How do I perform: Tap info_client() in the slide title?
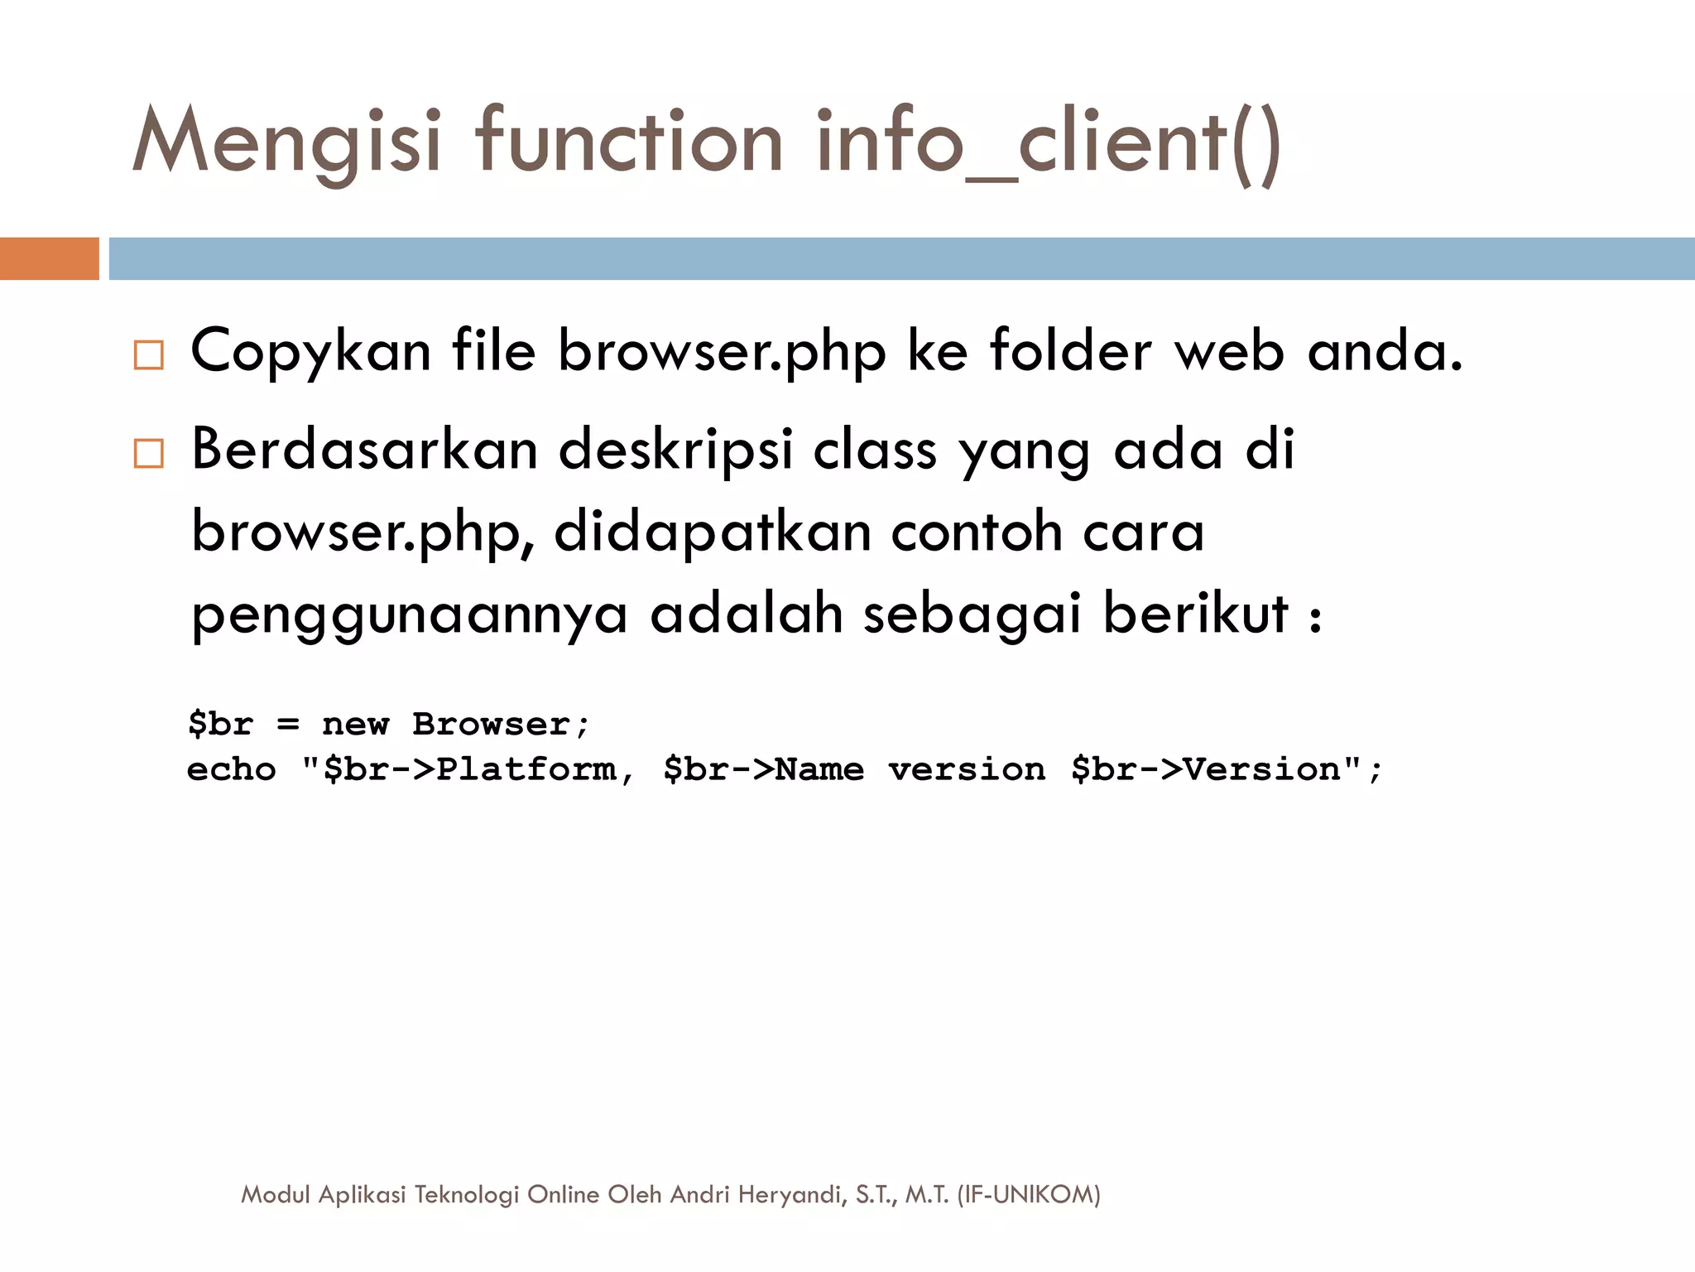(1049, 142)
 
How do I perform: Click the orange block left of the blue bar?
(49, 258)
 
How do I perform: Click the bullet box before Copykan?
(149, 355)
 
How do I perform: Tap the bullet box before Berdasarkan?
(149, 454)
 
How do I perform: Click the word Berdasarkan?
(364, 450)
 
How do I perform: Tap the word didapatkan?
(712, 532)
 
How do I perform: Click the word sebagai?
(972, 615)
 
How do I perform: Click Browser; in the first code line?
(501, 725)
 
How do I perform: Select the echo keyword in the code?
(232, 770)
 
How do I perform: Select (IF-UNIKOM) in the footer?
(1028, 1194)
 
